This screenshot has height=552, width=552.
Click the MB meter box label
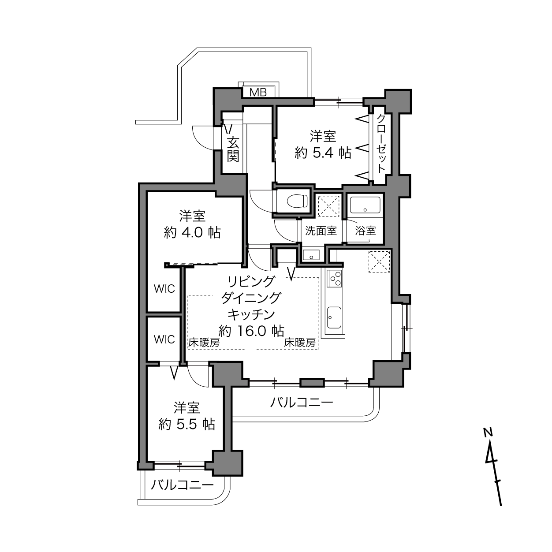click(258, 92)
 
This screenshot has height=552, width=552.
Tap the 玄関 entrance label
click(233, 149)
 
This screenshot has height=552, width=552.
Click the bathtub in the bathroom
click(365, 205)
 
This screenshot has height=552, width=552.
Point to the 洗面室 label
click(321, 231)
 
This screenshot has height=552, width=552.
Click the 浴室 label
click(365, 231)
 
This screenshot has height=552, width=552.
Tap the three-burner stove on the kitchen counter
click(335, 278)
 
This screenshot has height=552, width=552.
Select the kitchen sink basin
click(334, 318)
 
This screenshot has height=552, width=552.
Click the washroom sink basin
click(311, 255)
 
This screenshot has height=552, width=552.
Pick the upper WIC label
click(164, 289)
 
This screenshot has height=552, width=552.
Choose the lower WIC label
click(164, 339)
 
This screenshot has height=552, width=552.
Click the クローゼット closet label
click(380, 143)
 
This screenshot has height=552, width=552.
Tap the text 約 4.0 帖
click(192, 233)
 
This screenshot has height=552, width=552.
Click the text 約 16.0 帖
click(251, 331)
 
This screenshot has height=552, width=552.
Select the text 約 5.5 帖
click(187, 424)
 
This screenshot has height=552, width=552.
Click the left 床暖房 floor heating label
click(204, 343)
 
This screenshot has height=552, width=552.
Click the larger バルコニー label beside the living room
click(302, 403)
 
